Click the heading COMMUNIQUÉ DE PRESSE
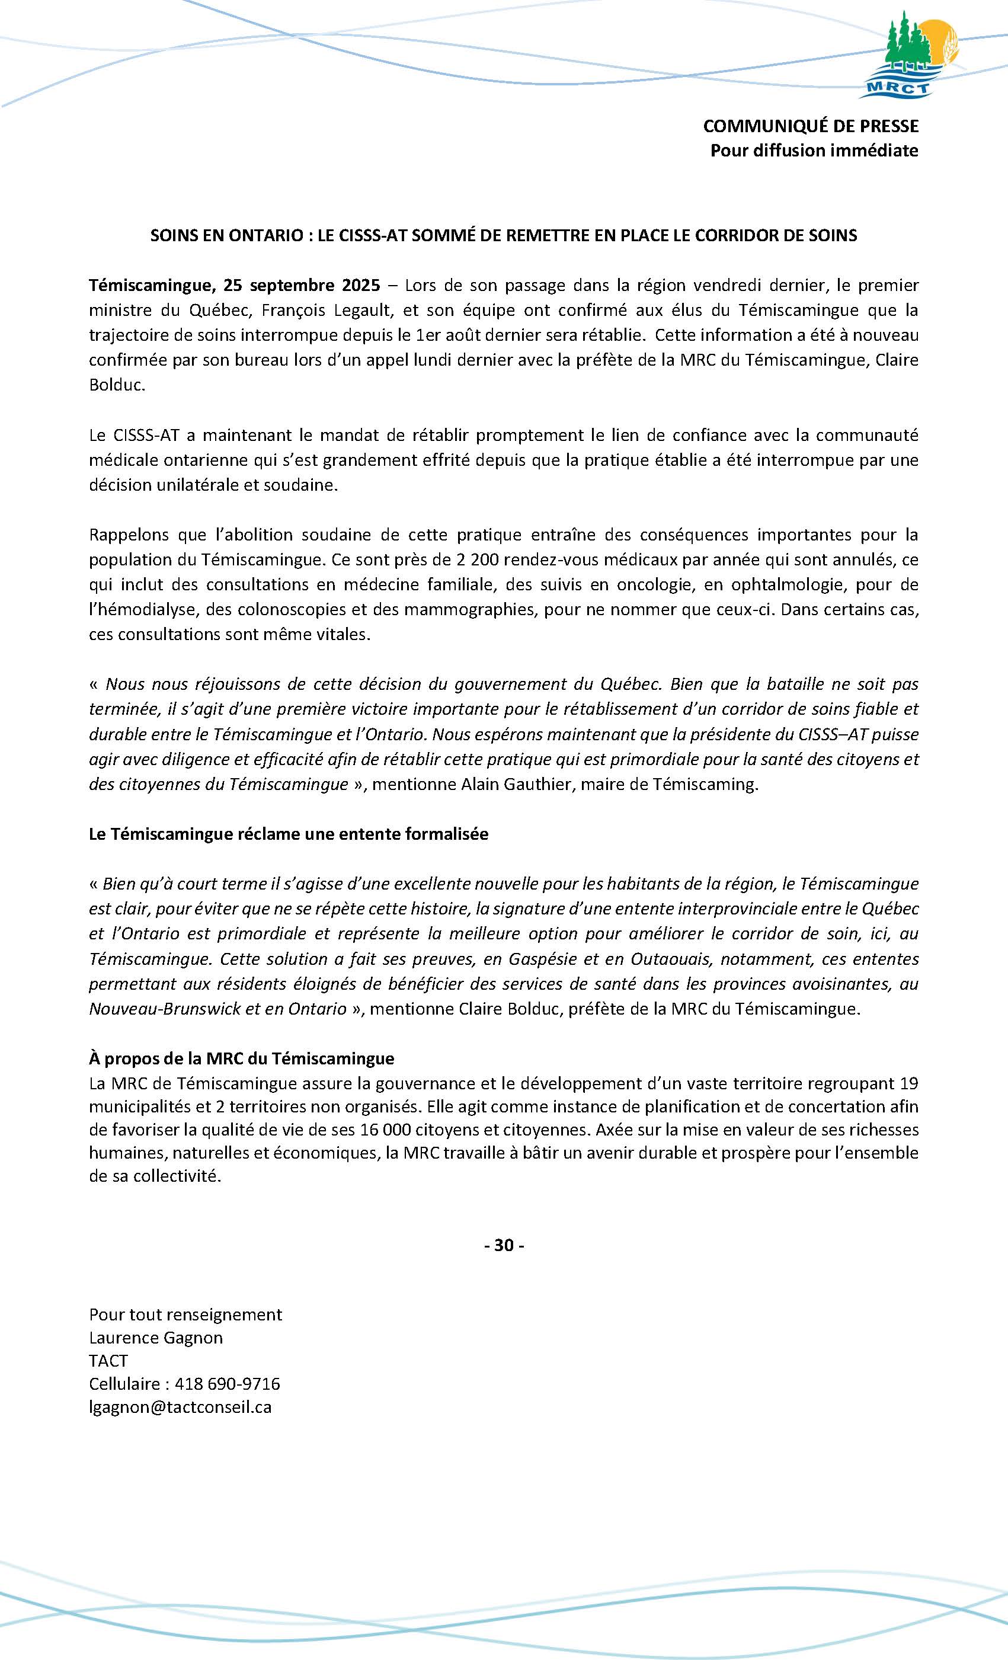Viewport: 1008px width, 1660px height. coord(810,126)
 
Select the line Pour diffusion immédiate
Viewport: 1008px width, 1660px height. coord(814,150)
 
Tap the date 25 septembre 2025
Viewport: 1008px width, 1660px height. coord(302,285)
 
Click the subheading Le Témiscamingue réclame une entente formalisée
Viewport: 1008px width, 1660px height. coord(289,834)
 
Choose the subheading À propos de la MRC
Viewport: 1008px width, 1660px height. coord(241,1058)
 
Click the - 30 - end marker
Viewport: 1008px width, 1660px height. coord(504,1245)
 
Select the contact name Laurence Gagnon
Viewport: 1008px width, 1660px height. coord(156,1337)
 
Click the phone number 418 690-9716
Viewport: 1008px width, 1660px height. coord(227,1384)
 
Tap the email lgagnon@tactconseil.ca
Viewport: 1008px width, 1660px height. coord(180,1407)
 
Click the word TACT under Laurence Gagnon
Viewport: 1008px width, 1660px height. coord(108,1361)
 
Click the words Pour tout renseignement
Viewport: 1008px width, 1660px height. coord(185,1314)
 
